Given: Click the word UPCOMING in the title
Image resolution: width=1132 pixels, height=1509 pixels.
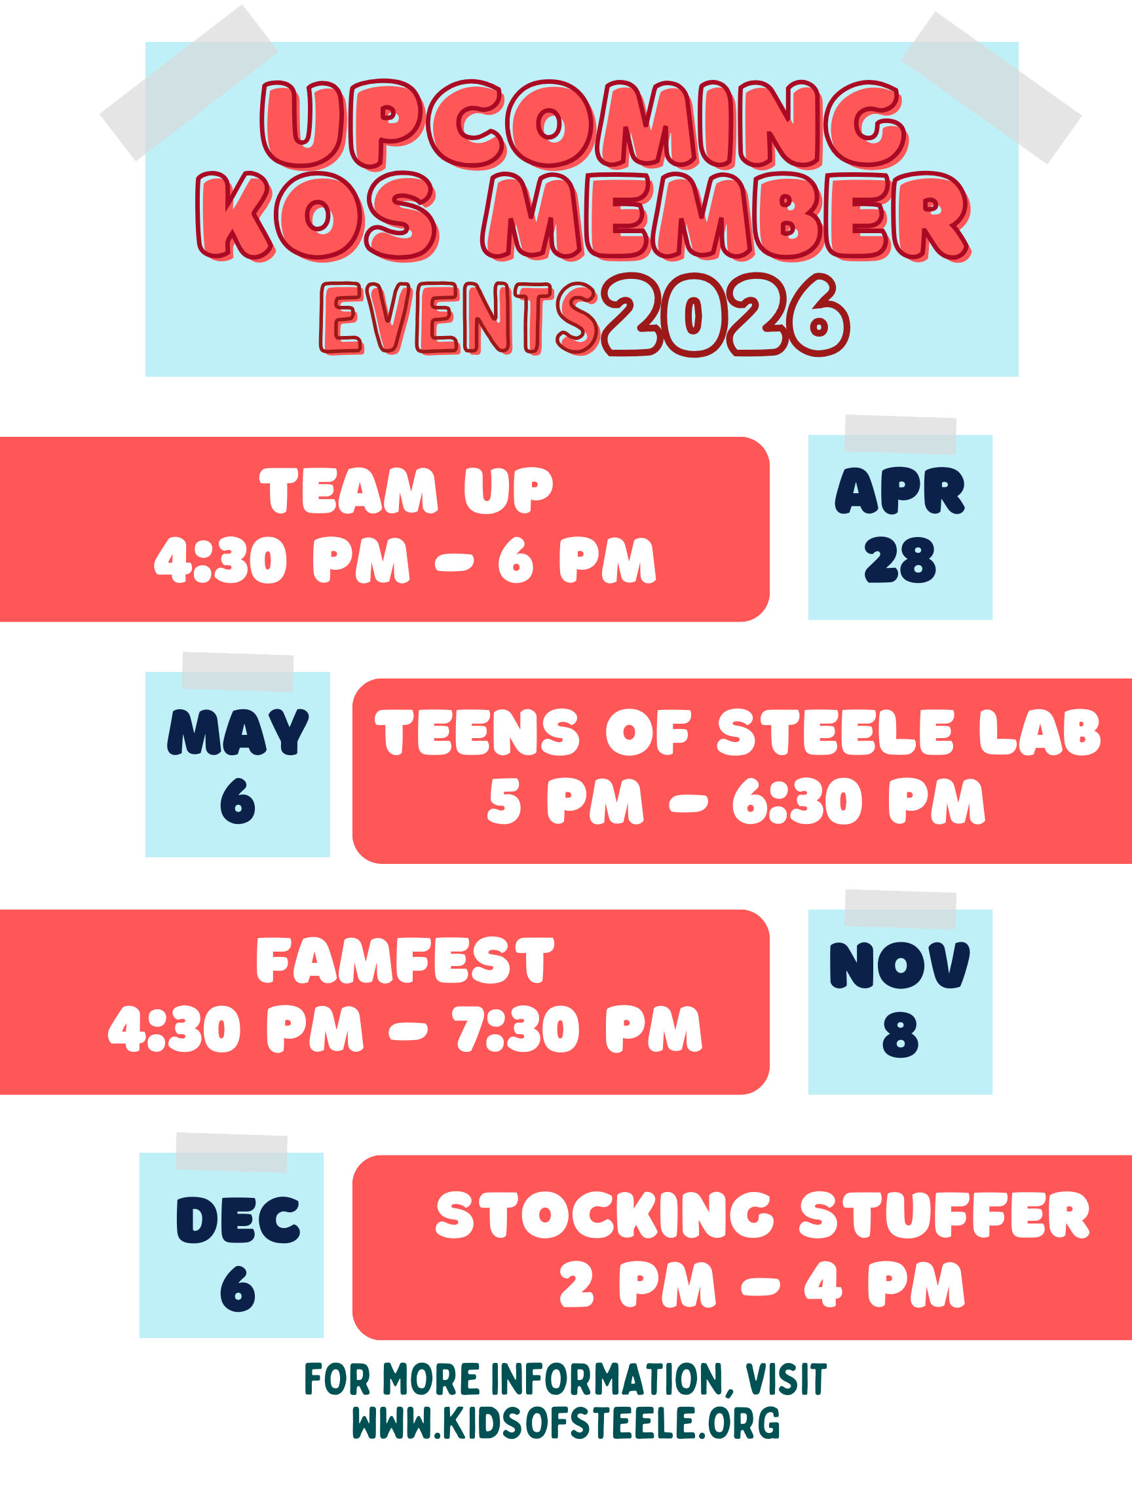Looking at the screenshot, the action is (x=584, y=124).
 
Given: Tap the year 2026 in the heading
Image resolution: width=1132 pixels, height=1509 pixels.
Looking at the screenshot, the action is (x=726, y=314).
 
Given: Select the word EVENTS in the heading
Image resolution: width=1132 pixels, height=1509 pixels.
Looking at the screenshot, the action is (x=459, y=318).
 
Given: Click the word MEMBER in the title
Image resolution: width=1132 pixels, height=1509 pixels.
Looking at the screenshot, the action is (x=725, y=216).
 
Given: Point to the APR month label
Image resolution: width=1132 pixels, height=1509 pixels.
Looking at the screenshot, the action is (x=900, y=491).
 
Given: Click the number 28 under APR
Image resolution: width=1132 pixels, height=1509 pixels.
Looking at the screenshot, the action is (x=900, y=560).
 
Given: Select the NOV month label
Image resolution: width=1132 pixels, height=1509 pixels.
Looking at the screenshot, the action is (x=900, y=965).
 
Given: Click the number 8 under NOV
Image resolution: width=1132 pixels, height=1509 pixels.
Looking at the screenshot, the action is (x=900, y=1035).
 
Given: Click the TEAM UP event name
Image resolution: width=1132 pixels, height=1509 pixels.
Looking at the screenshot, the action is (x=407, y=491).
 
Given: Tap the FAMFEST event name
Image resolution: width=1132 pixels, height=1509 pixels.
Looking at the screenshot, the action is (x=406, y=960).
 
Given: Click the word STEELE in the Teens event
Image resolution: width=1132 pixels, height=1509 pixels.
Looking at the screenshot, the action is (x=835, y=732).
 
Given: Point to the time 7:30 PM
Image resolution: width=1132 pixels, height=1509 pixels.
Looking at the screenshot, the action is (x=577, y=1029).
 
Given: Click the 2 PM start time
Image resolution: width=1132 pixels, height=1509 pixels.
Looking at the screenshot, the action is (x=638, y=1284).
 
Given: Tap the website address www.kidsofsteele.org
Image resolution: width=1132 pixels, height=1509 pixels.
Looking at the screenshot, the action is (x=567, y=1423).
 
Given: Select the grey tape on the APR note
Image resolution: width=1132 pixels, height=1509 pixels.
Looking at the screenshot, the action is (x=900, y=434).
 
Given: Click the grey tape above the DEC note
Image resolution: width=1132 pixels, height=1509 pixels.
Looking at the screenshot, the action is (x=231, y=1153).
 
